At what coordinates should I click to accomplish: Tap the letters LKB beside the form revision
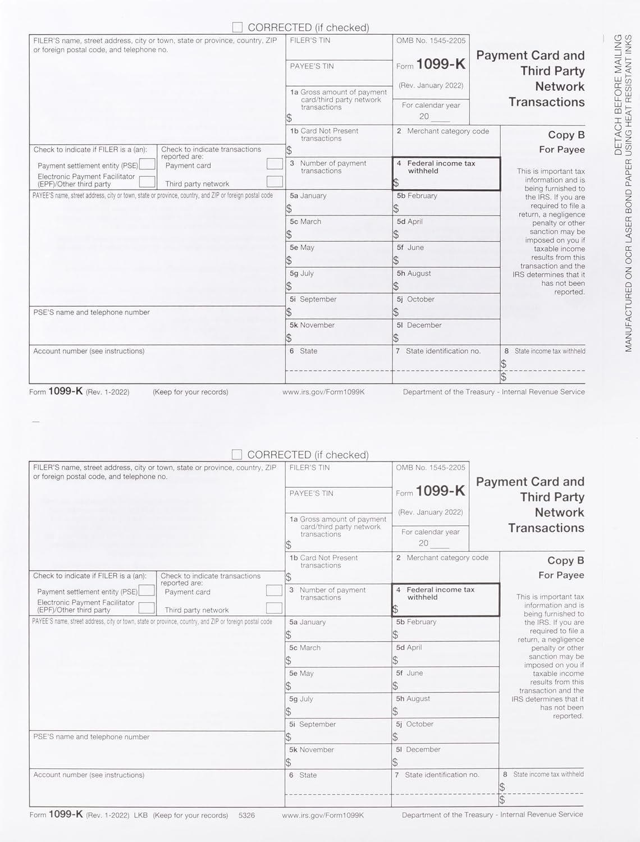140,815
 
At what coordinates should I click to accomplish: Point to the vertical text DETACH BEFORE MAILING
618,95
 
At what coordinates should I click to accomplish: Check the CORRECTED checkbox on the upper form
237,28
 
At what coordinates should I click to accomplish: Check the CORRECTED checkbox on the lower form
237,454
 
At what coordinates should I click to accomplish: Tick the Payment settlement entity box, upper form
147,164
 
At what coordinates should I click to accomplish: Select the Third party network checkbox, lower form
274,608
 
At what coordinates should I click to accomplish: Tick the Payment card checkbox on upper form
275,164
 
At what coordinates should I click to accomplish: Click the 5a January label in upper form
308,196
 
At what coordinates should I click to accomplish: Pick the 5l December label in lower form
418,749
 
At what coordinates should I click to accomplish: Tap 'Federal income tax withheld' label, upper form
441,167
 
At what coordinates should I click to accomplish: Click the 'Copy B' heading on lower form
565,560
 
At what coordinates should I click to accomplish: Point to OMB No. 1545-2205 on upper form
431,40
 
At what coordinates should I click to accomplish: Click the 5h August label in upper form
414,273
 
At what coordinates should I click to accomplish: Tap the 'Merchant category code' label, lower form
442,558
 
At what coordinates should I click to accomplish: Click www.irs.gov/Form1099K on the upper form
323,392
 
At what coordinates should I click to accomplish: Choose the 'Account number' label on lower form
89,775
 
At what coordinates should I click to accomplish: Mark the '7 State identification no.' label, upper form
438,351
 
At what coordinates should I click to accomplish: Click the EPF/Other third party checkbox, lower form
147,608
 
